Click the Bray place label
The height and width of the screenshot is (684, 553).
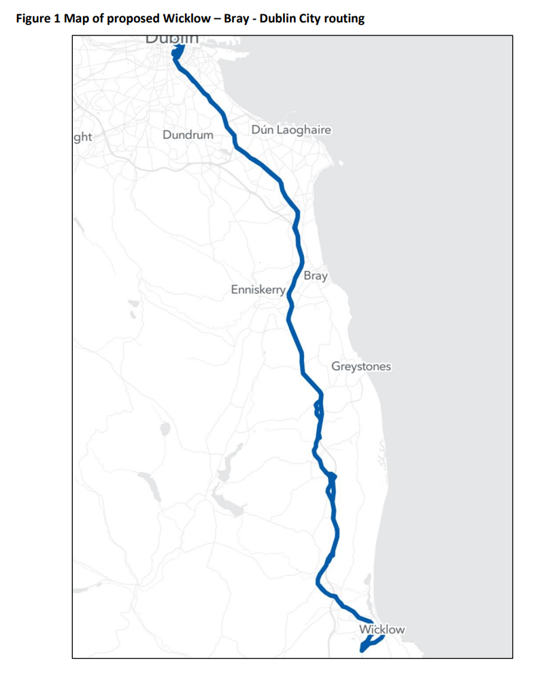pos(316,276)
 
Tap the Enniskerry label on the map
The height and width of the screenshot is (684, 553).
pos(258,289)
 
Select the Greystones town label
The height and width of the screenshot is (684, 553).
pos(361,366)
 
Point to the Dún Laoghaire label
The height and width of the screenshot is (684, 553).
pos(291,129)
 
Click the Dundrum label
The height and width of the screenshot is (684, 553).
pos(188,135)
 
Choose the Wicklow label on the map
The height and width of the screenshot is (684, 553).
pos(382,629)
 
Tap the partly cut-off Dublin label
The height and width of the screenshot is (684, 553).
pos(173,39)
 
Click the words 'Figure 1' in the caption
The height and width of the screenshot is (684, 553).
pos(37,18)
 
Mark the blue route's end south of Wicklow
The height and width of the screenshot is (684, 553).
pos(361,651)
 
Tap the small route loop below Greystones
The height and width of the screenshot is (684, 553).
pos(318,409)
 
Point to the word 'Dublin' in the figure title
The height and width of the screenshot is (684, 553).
pos(275,18)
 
